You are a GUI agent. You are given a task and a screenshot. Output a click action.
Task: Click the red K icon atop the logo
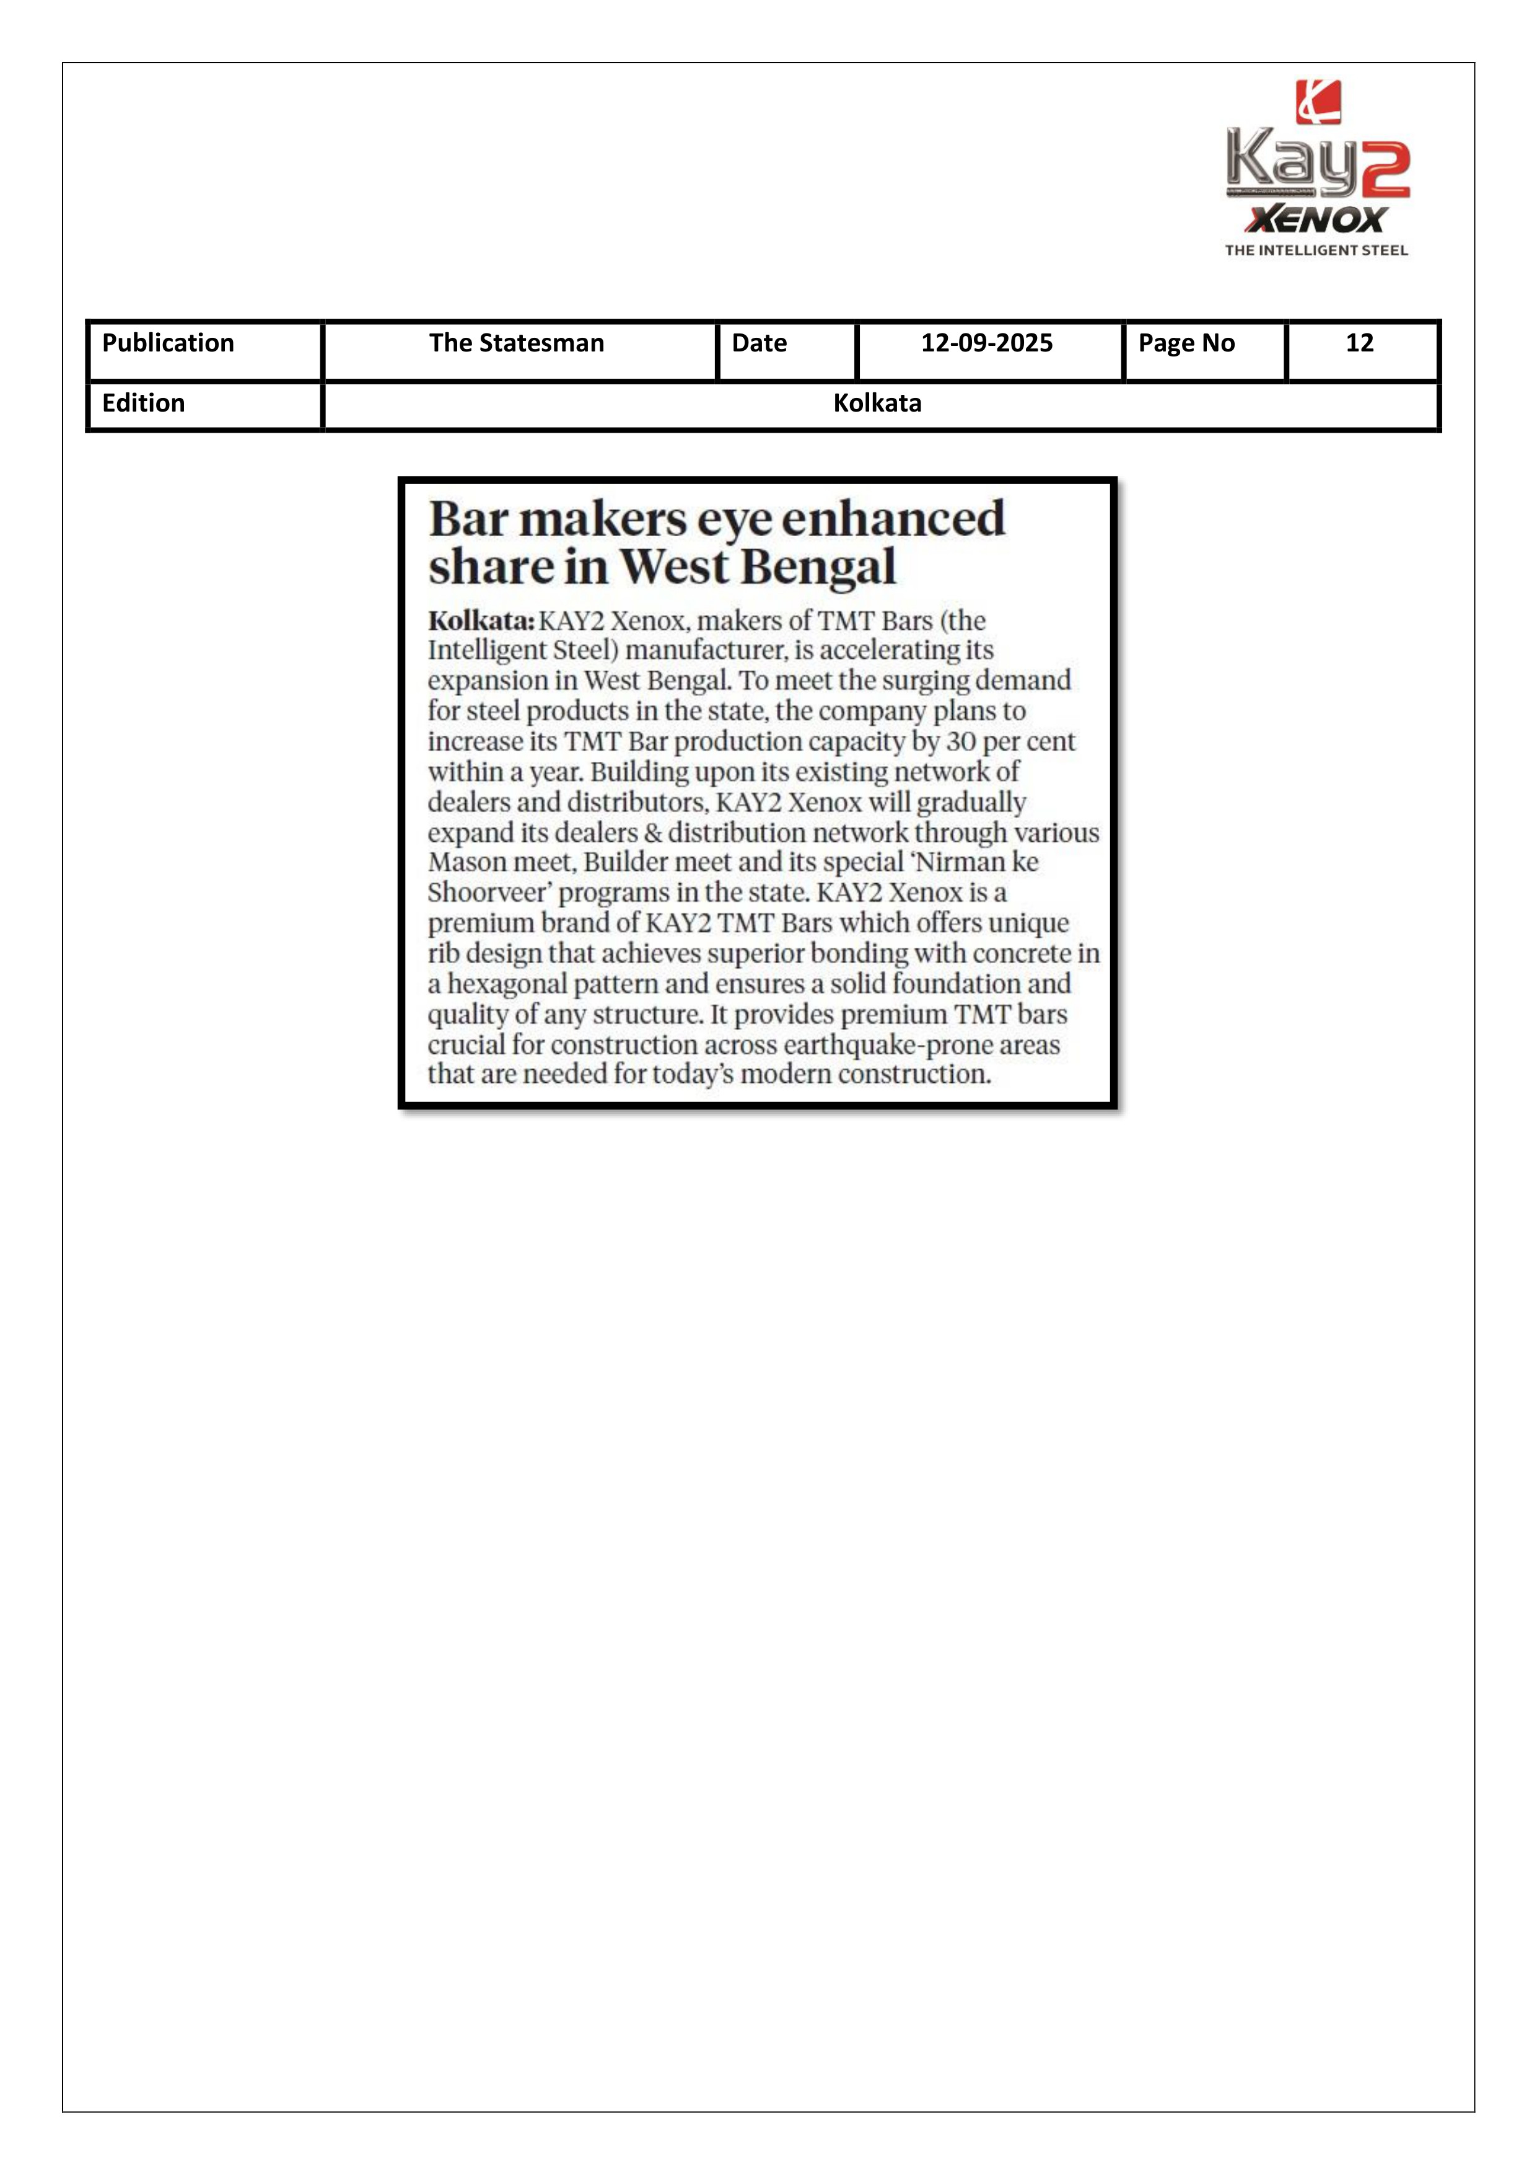(x=1318, y=102)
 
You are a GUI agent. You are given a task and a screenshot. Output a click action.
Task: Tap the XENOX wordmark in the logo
(x=1316, y=220)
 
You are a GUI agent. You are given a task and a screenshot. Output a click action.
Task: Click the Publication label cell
(x=168, y=343)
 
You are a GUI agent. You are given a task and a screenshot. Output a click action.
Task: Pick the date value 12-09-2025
(x=987, y=343)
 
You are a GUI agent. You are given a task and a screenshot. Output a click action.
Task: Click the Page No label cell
(x=1186, y=343)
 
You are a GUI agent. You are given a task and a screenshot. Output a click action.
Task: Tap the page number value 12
(x=1359, y=343)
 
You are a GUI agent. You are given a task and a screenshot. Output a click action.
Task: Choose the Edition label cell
(x=143, y=404)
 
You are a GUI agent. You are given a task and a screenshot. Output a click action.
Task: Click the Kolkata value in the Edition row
(x=877, y=404)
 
